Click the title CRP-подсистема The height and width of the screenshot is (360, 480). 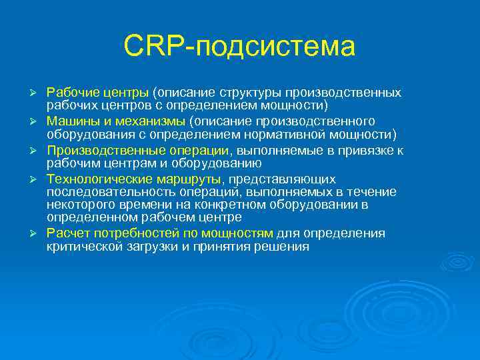click(239, 46)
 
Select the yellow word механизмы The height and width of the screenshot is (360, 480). click(149, 121)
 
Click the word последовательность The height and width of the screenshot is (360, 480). click(97, 192)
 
